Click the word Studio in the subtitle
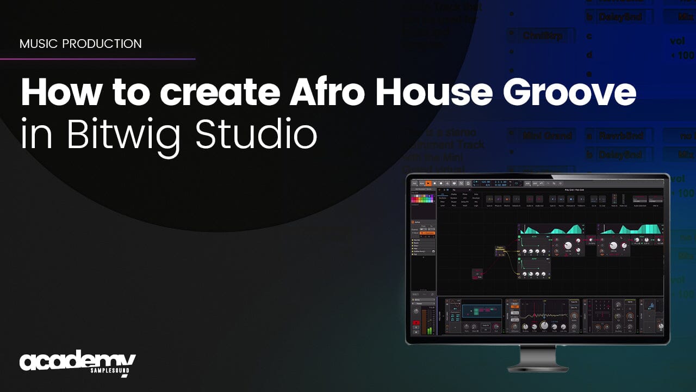[x=256, y=135]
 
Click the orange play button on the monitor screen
[x=428, y=183]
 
